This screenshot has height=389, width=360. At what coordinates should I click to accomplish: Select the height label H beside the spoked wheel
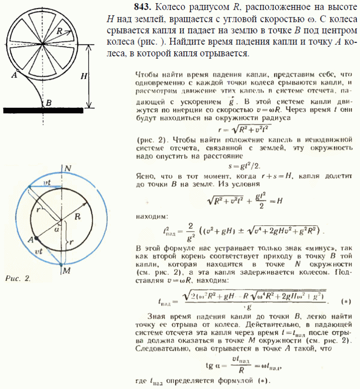pos(83,76)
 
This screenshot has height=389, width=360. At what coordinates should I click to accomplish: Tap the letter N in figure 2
pos(67,168)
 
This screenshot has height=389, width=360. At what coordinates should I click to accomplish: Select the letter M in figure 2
pos(67,271)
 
